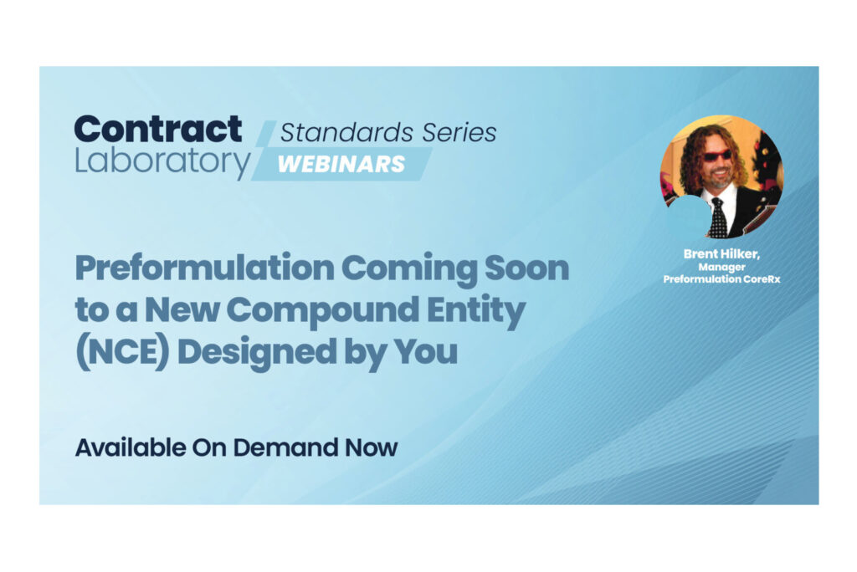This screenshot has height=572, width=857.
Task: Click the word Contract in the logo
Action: tap(158, 130)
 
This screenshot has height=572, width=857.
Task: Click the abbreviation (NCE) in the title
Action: tap(122, 351)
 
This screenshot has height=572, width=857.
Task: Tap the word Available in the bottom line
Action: tap(131, 447)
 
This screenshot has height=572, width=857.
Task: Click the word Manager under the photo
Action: tap(721, 268)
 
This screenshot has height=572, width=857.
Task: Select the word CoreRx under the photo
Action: tap(761, 278)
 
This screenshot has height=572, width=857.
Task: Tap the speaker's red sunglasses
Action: tap(716, 156)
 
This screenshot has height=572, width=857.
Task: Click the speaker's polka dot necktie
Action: tap(718, 217)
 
